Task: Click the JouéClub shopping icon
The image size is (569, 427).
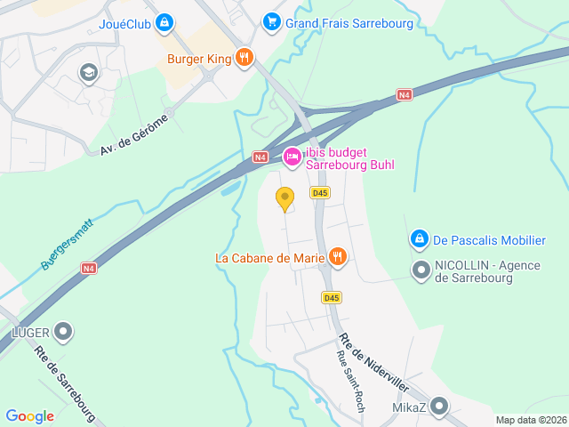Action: coord(164,23)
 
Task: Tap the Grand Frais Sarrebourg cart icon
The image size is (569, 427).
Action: coord(272,22)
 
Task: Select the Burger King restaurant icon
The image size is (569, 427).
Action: coord(244,60)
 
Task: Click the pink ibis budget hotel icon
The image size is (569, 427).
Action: coord(292,157)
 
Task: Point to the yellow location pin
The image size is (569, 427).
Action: coord(284,199)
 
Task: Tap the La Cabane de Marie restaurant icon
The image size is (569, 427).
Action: coord(337,258)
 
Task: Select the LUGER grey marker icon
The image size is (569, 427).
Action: coord(63,333)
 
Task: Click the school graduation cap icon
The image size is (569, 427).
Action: coord(88,72)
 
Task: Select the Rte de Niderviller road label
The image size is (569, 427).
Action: coord(373,363)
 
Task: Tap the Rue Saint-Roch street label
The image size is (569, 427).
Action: coord(350,382)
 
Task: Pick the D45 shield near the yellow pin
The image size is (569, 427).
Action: coord(320,192)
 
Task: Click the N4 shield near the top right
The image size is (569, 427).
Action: coord(405,94)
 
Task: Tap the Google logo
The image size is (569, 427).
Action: coord(29,415)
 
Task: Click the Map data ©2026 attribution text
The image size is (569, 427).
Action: coord(530,420)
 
